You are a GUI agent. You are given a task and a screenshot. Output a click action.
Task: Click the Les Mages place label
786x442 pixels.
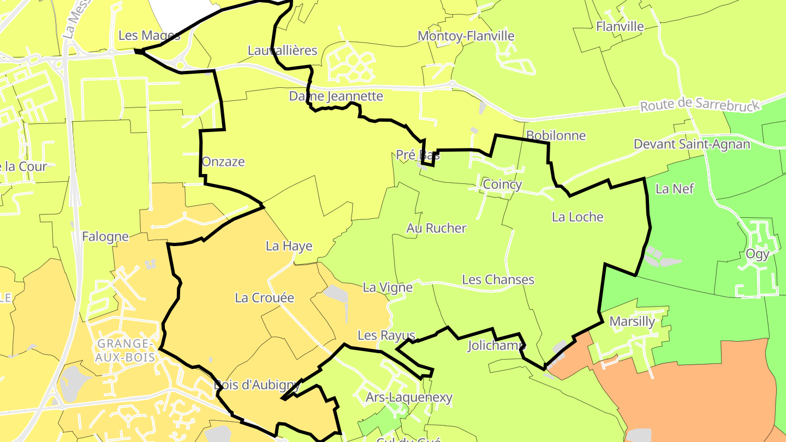coord(149,36)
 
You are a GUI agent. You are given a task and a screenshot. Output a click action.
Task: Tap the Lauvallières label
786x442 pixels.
coord(282,51)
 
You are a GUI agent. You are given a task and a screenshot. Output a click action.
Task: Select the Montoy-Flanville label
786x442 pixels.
coord(466,36)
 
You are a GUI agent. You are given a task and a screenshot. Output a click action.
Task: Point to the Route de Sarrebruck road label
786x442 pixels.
coord(699,104)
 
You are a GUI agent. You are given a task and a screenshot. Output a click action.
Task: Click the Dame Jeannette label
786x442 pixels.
coord(336,97)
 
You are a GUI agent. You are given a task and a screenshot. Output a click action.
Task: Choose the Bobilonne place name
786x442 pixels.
coord(556,135)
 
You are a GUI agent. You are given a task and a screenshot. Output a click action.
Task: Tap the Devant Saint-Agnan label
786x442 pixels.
coord(692,144)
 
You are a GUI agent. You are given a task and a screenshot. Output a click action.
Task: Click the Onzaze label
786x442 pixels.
coord(223,162)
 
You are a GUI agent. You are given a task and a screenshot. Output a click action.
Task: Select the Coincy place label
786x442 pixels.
coord(502,184)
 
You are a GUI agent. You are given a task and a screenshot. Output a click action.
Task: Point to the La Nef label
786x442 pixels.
coord(674,189)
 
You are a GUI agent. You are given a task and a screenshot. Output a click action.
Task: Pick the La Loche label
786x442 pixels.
coord(577,217)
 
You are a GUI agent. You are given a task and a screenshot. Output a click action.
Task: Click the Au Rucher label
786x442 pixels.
coord(436,228)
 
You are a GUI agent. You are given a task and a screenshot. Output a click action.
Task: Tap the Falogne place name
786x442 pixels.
coord(105,236)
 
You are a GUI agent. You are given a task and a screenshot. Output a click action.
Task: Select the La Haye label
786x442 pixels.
coord(289,246)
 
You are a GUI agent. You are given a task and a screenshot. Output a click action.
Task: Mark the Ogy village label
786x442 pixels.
coord(757,254)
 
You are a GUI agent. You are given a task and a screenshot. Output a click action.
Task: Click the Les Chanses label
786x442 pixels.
coord(498,279)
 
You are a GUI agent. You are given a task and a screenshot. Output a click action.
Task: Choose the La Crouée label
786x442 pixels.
coord(264,297)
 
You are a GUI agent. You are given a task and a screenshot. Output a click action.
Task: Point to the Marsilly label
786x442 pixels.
coord(632,321)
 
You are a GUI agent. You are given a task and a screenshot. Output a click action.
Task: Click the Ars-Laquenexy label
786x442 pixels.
coord(409,397)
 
